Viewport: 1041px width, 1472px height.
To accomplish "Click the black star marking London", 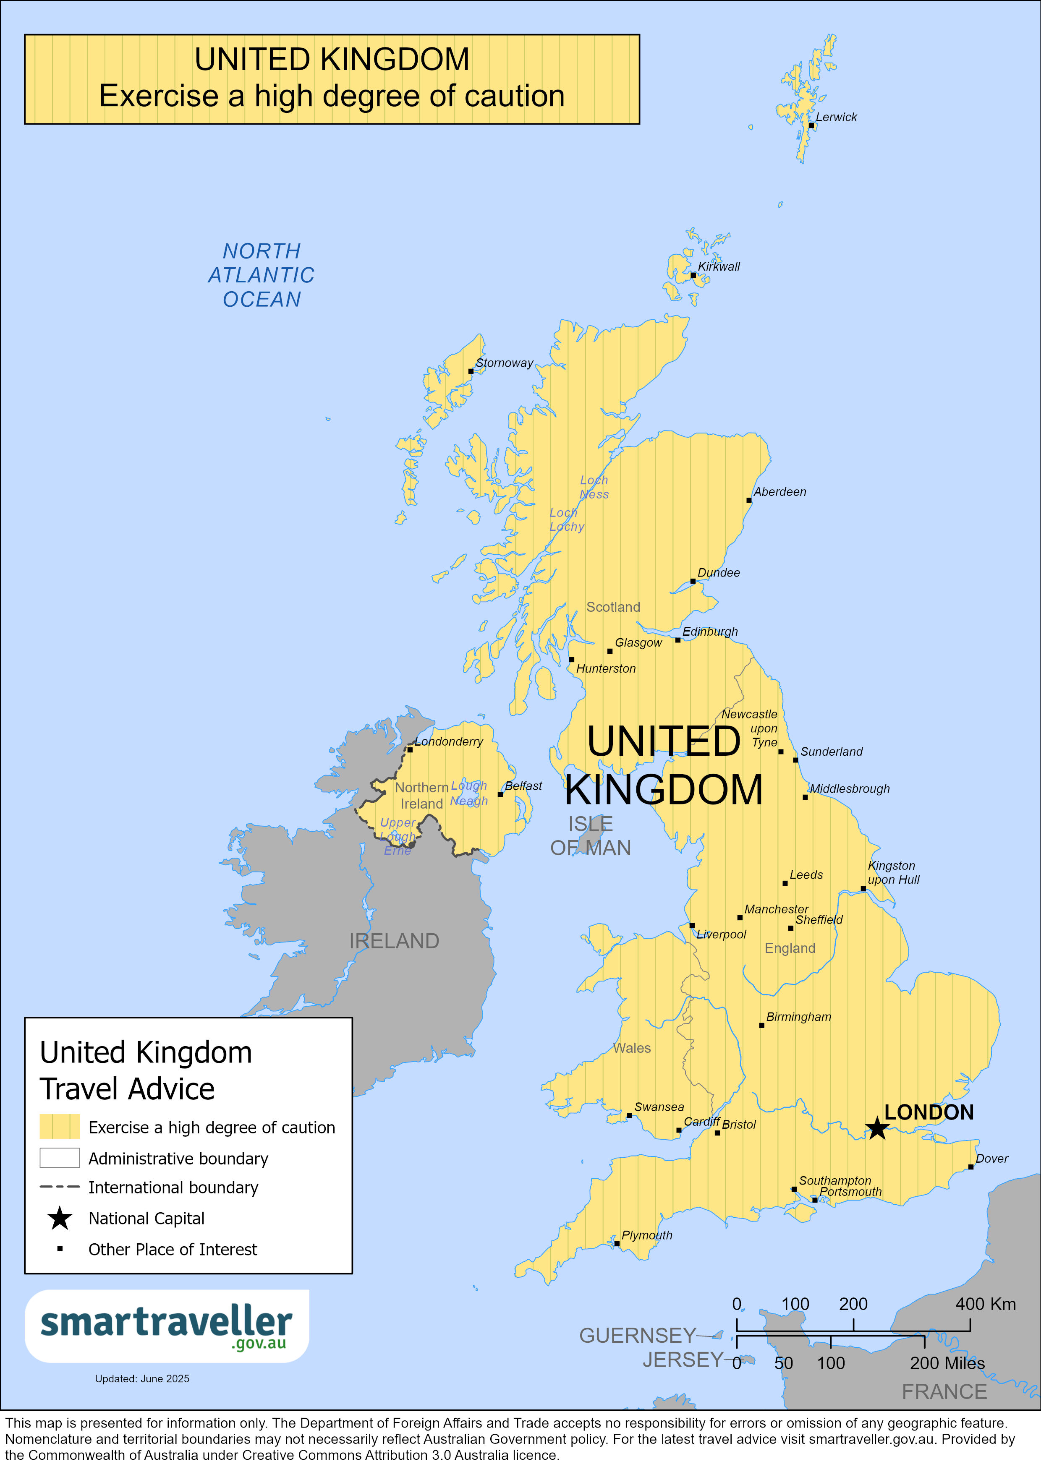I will click(x=876, y=1128).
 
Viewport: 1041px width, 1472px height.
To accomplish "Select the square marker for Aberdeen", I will click(x=748, y=500).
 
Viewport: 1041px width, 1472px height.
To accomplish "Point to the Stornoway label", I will click(x=504, y=363).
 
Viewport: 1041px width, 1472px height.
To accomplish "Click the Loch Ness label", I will click(x=594, y=487).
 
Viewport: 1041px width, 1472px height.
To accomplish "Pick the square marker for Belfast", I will click(x=500, y=794).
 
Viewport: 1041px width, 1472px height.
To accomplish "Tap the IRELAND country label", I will click(x=394, y=941).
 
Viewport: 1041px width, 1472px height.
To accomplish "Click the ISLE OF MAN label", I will click(x=590, y=836).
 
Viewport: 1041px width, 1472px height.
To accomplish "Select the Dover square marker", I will click(x=970, y=1167).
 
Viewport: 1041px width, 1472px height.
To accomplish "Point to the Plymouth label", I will click(x=646, y=1235).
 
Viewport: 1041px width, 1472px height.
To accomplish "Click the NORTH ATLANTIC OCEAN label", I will click(x=262, y=275).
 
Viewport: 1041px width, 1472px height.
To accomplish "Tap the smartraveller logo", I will click(x=167, y=1326).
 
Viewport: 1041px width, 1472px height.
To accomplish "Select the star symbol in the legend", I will click(x=60, y=1218).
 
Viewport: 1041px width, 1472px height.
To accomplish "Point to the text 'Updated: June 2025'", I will click(x=142, y=1378).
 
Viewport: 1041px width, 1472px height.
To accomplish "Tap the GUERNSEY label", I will click(x=637, y=1336).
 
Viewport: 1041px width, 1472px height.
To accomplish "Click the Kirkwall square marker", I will click(x=693, y=275).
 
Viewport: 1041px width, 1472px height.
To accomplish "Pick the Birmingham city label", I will click(x=798, y=1018).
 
